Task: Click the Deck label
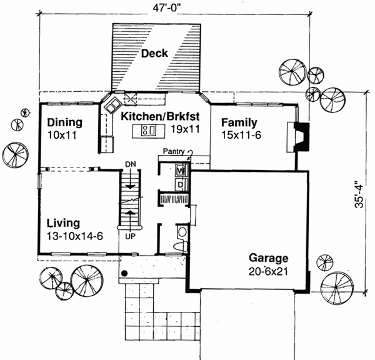tap(154, 53)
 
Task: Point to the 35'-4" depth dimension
tap(358, 194)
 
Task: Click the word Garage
tap(269, 257)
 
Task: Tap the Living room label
tap(63, 222)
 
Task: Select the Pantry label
tap(174, 151)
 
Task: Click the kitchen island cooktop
tap(149, 131)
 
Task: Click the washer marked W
tap(180, 169)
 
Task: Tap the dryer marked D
tap(180, 184)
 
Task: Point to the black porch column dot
tap(125, 273)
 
